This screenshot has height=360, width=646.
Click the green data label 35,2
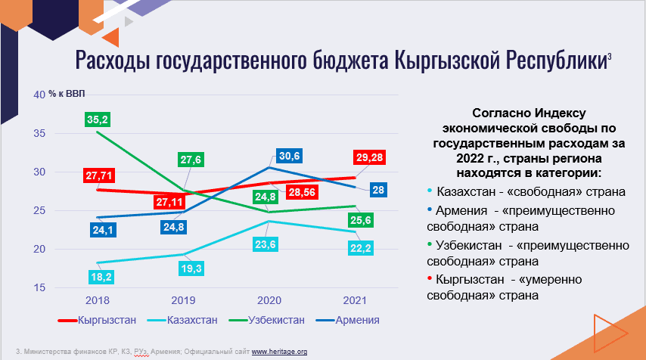[x=98, y=119]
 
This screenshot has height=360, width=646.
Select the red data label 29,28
[x=369, y=157]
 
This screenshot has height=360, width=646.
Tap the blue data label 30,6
[x=289, y=156]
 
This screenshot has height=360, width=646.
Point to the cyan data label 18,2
[x=101, y=277]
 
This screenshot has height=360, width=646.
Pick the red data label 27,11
[x=169, y=202]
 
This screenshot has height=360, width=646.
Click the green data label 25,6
[x=361, y=220]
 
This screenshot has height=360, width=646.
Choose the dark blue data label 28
[x=377, y=190]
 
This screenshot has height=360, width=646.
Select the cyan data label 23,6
[x=266, y=245]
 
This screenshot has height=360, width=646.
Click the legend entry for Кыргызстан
[x=97, y=320]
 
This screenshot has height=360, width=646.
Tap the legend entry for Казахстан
[x=182, y=320]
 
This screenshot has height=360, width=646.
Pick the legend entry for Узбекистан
[x=267, y=320]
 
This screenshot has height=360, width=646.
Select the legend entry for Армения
[x=348, y=320]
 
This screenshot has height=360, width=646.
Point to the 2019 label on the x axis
[x=183, y=300]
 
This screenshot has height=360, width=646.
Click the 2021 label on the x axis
[x=355, y=300]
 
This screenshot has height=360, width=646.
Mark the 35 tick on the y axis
[x=39, y=133]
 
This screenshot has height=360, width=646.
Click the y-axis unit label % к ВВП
[x=67, y=94]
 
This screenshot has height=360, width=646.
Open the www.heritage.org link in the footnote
[x=279, y=352]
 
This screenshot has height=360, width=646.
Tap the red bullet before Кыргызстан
[x=430, y=279]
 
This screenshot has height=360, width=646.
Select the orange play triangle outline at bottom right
[x=610, y=333]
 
